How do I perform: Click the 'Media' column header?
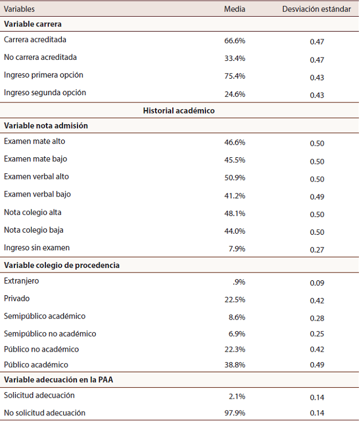click(x=234, y=9)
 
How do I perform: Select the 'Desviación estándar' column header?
click(x=316, y=9)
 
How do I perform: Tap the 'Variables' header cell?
click(x=19, y=9)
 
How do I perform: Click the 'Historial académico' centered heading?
click(x=179, y=111)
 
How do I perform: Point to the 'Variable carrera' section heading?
click(x=33, y=24)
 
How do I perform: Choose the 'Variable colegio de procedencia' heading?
click(x=61, y=265)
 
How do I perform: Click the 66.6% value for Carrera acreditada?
click(x=234, y=40)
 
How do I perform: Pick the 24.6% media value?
click(x=234, y=94)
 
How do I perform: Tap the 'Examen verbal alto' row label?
click(x=37, y=177)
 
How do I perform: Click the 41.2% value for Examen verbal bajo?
click(x=234, y=195)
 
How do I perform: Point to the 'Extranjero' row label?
click(x=22, y=281)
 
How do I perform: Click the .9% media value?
click(x=239, y=282)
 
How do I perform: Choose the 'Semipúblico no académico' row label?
click(x=50, y=334)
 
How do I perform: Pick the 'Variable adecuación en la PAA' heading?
click(x=58, y=380)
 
